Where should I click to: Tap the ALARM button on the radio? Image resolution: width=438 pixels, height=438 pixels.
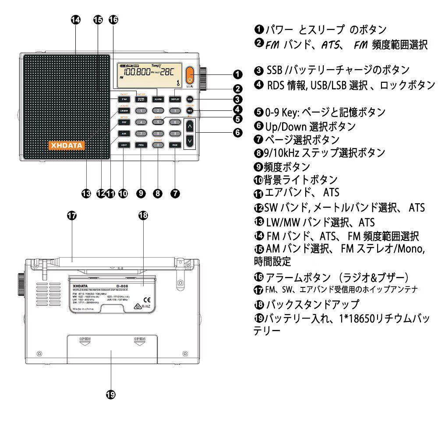click(158, 99)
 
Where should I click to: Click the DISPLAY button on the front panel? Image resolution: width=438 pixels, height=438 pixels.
click(175, 99)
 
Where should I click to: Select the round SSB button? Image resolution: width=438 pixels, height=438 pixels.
click(190, 99)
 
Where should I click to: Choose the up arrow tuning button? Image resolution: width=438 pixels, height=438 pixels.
click(189, 127)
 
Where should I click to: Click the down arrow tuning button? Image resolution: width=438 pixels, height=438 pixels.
click(189, 141)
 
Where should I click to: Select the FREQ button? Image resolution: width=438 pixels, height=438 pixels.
click(141, 145)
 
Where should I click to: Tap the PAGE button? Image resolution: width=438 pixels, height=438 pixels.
click(175, 145)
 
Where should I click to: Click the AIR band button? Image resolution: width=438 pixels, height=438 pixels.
click(124, 133)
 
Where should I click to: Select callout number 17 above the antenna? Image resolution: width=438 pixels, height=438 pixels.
click(72, 215)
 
